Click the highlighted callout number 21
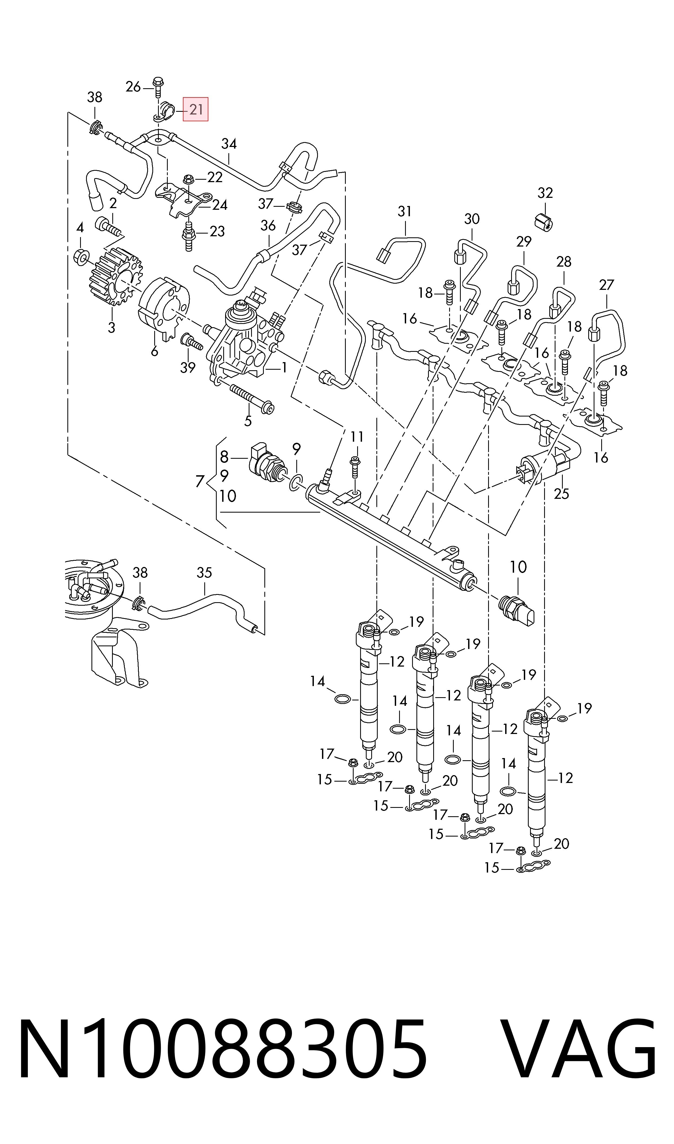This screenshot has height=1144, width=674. [x=196, y=109]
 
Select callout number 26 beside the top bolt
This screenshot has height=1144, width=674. [x=133, y=86]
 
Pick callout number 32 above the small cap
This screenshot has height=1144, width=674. [x=545, y=193]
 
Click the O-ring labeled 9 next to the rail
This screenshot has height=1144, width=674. [x=294, y=483]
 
